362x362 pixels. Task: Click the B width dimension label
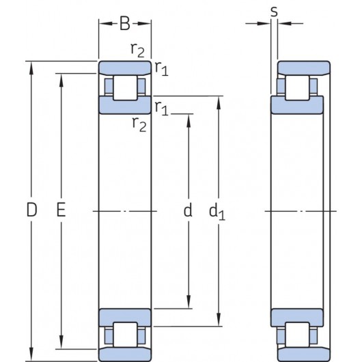[x=125, y=24]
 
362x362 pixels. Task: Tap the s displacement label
[x=274, y=12]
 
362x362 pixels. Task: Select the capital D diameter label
[x=31, y=211]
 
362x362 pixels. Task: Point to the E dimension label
[x=61, y=211]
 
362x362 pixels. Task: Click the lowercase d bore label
[x=188, y=211]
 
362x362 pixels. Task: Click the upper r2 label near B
[x=137, y=49]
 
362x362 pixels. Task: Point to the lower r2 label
[x=138, y=124]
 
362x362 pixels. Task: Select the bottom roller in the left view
[x=125, y=335]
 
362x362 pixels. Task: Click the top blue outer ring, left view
[x=125, y=68]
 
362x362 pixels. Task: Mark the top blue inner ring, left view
[x=125, y=105]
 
